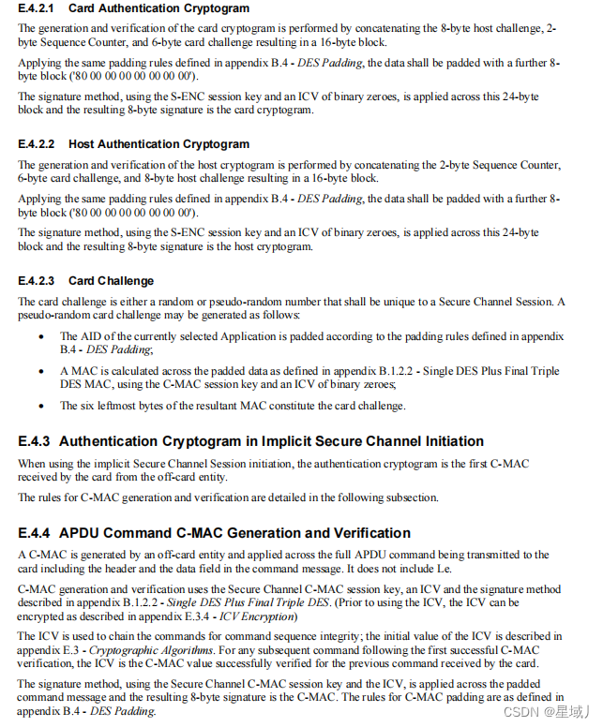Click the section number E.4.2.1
click(37, 9)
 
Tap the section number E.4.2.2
click(37, 144)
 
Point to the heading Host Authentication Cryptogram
click(159, 144)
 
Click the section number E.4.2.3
click(37, 280)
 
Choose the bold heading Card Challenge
click(112, 280)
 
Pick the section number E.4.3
click(34, 441)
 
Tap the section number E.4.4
click(34, 533)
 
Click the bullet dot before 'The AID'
click(39, 336)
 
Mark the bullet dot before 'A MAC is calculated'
click(39, 372)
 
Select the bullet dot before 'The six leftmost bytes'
click(39, 407)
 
